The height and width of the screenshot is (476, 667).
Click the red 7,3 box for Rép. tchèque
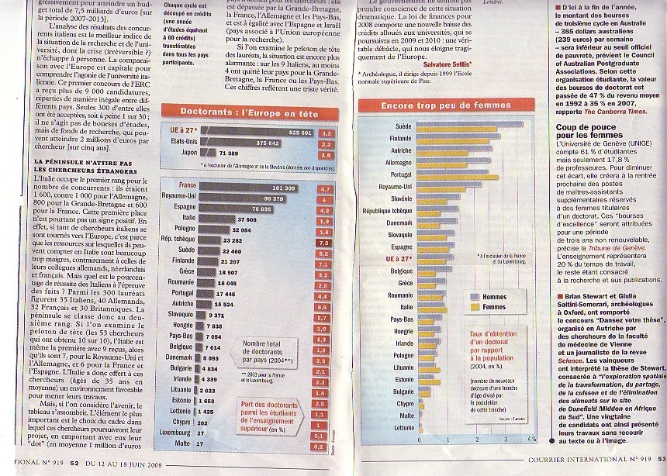(x=325, y=242)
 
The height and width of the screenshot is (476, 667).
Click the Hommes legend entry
(x=493, y=296)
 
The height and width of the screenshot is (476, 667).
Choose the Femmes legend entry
(x=494, y=307)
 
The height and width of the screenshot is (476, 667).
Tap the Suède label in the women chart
(x=403, y=125)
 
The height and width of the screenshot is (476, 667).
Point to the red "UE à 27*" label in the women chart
(x=399, y=258)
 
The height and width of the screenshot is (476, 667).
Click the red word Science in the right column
(x=572, y=360)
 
